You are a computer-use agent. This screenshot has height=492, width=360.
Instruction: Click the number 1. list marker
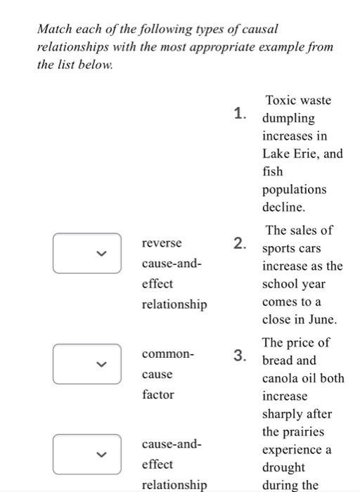click(240, 112)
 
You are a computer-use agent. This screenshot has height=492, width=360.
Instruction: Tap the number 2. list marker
click(240, 244)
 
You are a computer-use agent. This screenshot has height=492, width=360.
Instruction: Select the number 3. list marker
click(240, 355)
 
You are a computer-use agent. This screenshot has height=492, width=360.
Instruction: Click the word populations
click(294, 190)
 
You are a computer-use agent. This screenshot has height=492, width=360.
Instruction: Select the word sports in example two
click(279, 249)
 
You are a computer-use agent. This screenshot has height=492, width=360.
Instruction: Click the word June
click(323, 319)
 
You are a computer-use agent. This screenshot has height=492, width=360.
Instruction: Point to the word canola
click(281, 378)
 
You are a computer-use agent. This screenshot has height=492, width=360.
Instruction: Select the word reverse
click(162, 242)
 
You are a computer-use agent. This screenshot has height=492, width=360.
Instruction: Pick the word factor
click(157, 395)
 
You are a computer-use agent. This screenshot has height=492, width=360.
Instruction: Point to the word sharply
click(283, 414)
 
